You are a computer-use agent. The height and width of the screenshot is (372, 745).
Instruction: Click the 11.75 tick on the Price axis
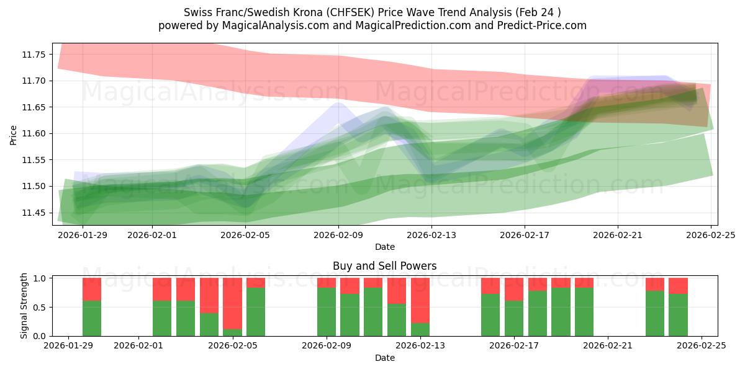[35, 55]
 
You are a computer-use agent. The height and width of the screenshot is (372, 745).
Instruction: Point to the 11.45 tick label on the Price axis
[35, 213]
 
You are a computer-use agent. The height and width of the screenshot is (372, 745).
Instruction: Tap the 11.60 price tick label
[35, 133]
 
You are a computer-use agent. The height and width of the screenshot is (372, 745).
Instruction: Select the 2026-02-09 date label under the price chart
[338, 236]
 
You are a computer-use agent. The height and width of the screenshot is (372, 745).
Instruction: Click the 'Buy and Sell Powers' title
[384, 266]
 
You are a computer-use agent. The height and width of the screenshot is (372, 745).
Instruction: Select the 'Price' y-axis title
[14, 134]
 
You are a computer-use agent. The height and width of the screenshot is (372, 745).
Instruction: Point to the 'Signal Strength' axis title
[24, 306]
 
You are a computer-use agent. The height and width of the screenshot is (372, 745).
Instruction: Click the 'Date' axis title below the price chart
[384, 247]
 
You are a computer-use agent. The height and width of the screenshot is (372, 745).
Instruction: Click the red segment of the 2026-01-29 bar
[92, 289]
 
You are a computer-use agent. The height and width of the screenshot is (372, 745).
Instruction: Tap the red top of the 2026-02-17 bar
[514, 289]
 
